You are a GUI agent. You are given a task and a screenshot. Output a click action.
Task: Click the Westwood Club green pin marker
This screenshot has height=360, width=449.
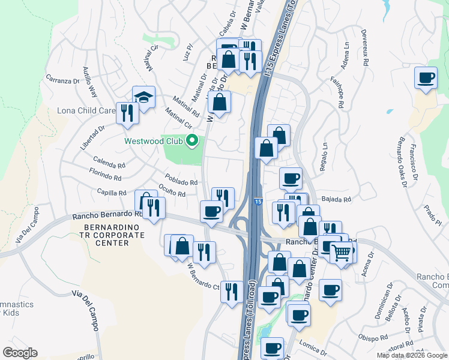pyautogui.click(x=193, y=142)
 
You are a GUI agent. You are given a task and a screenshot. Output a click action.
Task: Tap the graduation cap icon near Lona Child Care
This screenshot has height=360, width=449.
pyautogui.click(x=144, y=97)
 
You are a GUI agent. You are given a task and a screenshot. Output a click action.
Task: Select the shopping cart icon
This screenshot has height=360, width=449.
pyautogui.click(x=341, y=253)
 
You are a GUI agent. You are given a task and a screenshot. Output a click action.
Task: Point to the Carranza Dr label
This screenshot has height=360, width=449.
pyautogui.click(x=63, y=80)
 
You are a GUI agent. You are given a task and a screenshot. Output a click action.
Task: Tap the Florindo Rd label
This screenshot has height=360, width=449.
pyautogui.click(x=105, y=177)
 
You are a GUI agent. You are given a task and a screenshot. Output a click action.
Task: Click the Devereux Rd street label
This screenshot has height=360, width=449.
pyautogui.click(x=364, y=46)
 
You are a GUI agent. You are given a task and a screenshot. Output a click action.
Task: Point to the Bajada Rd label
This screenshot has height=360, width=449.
pyautogui.click(x=337, y=199)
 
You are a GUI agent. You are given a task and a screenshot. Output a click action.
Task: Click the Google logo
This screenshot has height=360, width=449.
pyautogui.click(x=20, y=353)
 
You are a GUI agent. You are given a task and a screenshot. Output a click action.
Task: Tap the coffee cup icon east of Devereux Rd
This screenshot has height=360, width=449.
pyautogui.click(x=426, y=78)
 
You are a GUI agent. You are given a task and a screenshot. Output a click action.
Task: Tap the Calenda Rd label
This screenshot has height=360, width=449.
pyautogui.click(x=109, y=162)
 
